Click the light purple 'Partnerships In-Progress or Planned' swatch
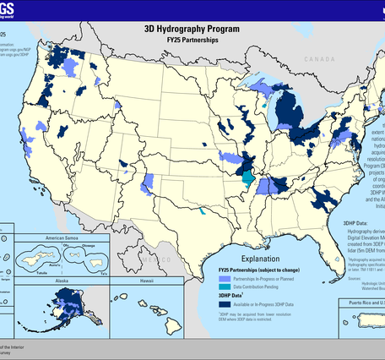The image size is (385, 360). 224,276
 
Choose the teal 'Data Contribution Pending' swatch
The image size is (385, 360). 224,286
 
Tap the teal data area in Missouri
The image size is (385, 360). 247,178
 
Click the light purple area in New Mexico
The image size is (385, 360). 149,184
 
